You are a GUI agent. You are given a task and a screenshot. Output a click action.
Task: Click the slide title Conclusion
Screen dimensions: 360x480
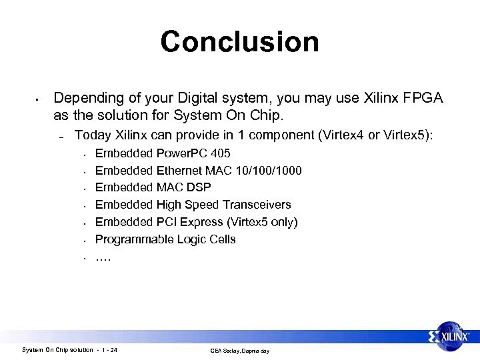tap(239, 41)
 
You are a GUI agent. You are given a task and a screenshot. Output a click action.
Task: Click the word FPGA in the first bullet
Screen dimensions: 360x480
tap(423, 98)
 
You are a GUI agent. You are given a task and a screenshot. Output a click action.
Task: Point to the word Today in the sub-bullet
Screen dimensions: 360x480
tap(93, 135)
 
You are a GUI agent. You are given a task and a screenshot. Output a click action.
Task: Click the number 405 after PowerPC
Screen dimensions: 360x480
tap(221, 153)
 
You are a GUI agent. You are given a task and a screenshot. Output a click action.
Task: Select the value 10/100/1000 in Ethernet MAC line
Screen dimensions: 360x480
tap(269, 171)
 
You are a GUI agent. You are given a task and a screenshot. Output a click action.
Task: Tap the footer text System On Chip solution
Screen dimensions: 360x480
tap(57, 350)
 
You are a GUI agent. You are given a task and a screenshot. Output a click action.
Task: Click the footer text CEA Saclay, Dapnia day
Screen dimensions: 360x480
tap(239, 351)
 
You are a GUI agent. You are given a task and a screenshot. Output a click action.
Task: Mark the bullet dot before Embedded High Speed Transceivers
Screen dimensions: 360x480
tap(86, 205)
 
